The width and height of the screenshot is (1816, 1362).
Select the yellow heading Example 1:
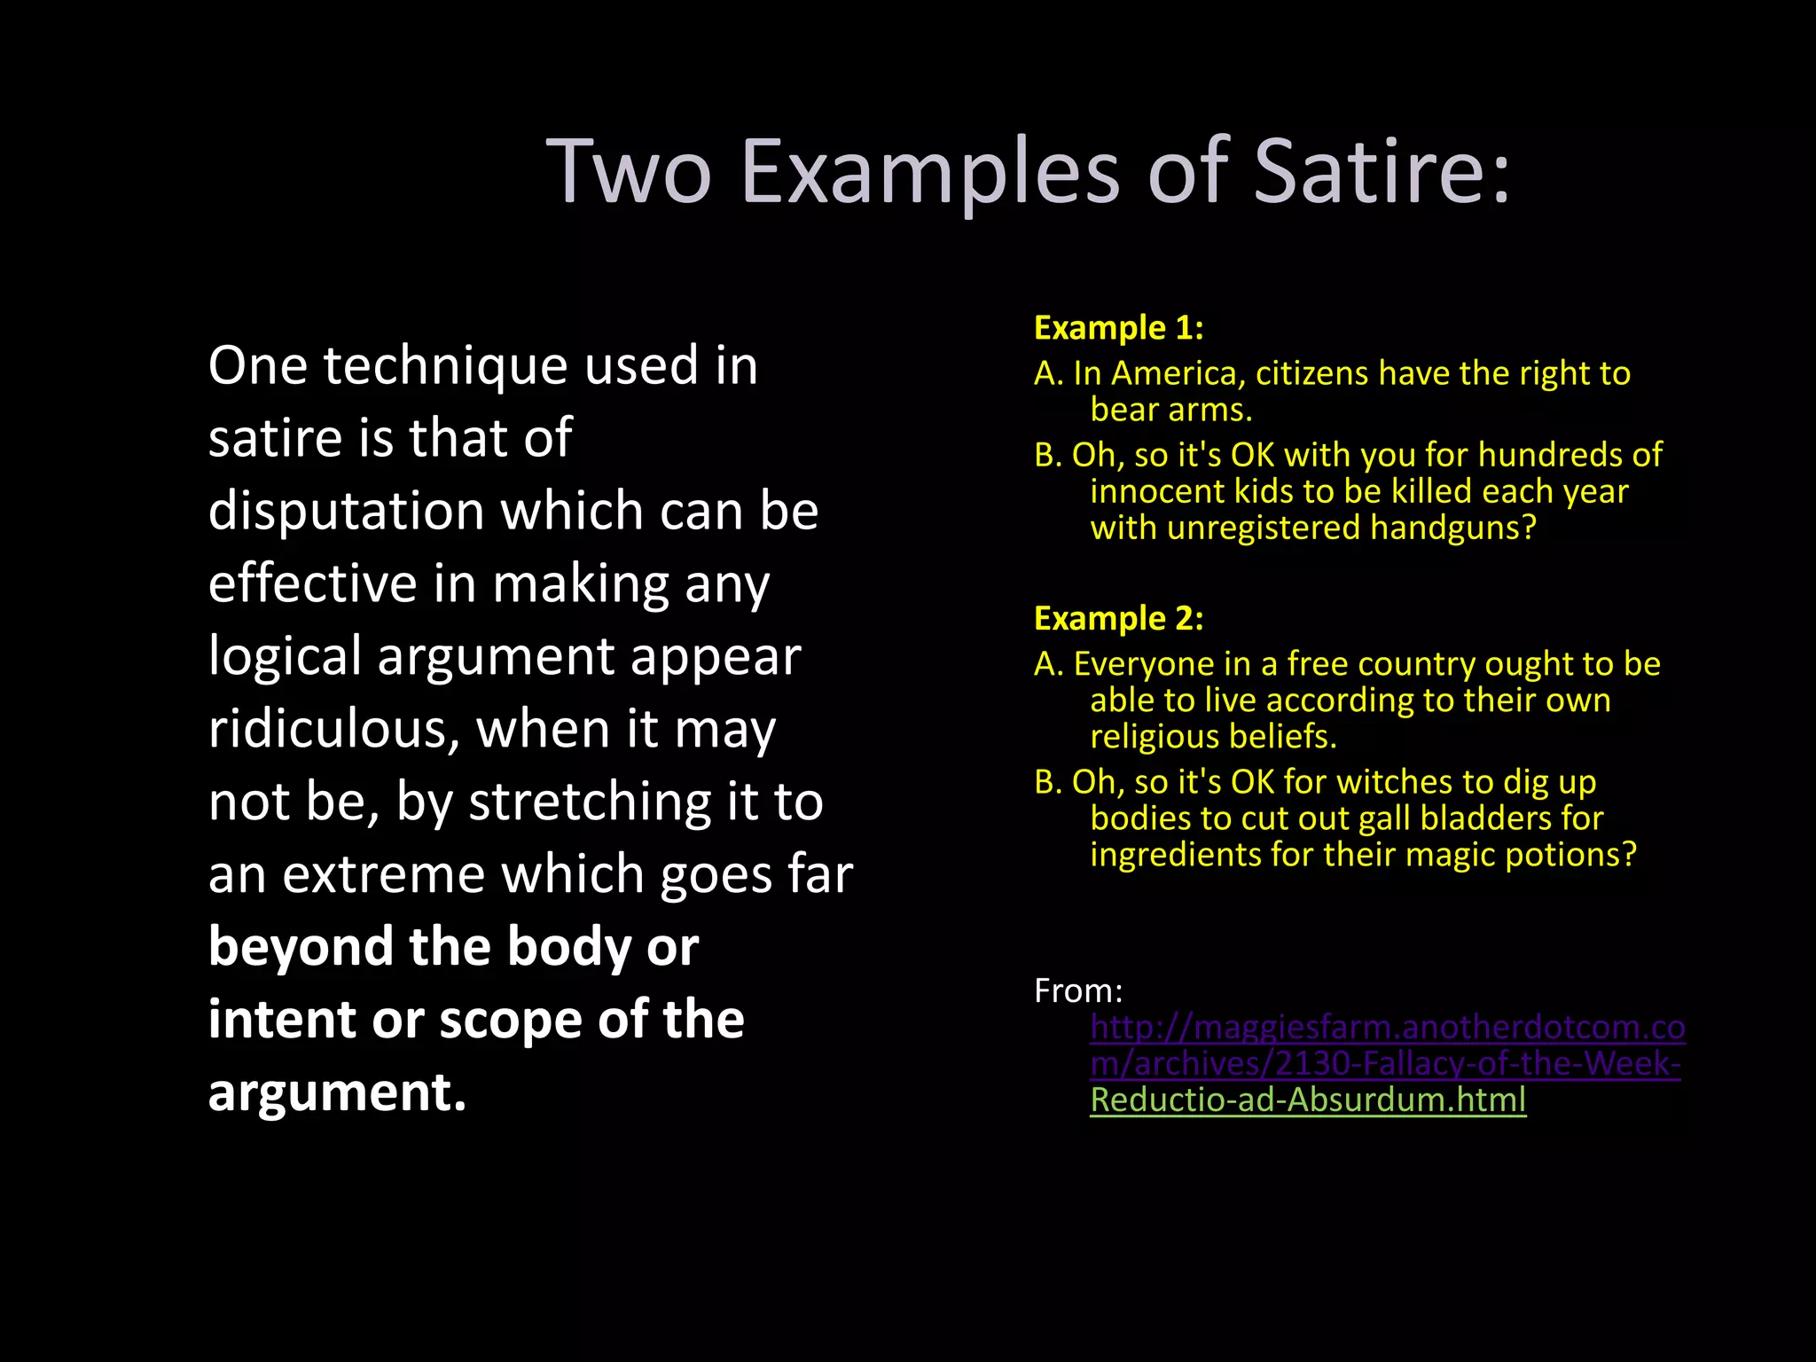tap(1118, 328)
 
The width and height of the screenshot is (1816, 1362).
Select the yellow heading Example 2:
tap(1118, 618)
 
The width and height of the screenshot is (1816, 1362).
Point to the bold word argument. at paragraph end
tap(337, 1092)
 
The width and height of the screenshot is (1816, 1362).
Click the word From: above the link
tap(1077, 991)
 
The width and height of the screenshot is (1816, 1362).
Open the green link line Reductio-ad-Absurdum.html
tap(1308, 1100)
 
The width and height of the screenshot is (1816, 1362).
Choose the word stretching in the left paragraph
tap(590, 802)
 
